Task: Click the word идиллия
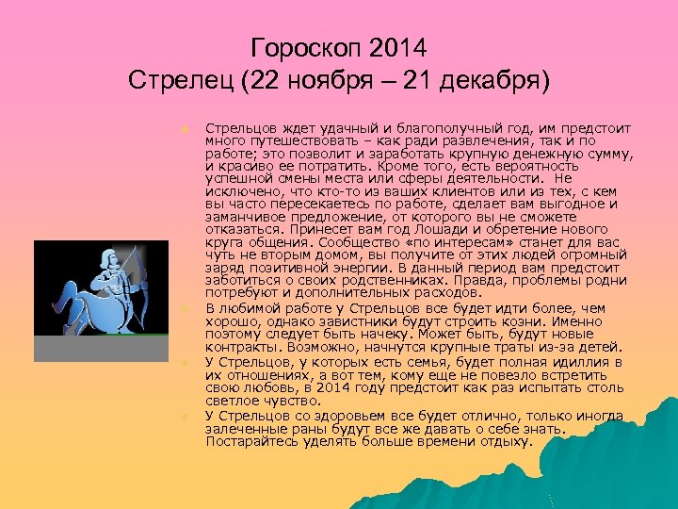click(x=571, y=361)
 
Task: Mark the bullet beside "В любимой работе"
click(x=186, y=308)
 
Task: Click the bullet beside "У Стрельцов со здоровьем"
click(x=186, y=416)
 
